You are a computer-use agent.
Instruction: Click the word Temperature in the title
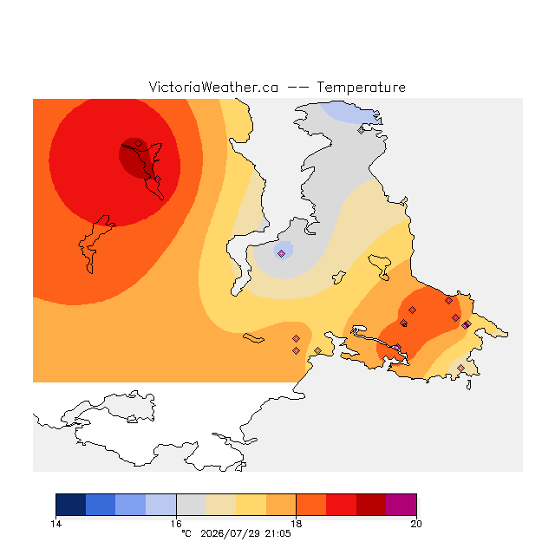361,88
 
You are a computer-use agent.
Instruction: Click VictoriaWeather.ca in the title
213,88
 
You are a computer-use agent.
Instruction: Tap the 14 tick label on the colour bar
55,524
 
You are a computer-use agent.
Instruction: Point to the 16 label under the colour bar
176,524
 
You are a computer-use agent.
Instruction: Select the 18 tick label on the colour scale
297,524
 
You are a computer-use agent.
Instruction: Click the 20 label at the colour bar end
416,524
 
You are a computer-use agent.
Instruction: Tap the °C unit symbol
186,533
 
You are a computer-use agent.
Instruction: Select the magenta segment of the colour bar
401,505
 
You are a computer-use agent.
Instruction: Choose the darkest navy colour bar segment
71,505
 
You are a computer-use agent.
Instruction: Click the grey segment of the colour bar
191,505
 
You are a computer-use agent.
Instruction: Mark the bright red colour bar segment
341,505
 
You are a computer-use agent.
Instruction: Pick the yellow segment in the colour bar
251,505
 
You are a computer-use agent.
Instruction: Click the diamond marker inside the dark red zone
139,143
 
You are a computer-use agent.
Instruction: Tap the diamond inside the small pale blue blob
281,253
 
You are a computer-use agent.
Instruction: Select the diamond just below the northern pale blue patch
361,130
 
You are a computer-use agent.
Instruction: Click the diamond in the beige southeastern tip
460,368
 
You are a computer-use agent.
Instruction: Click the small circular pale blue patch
284,251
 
